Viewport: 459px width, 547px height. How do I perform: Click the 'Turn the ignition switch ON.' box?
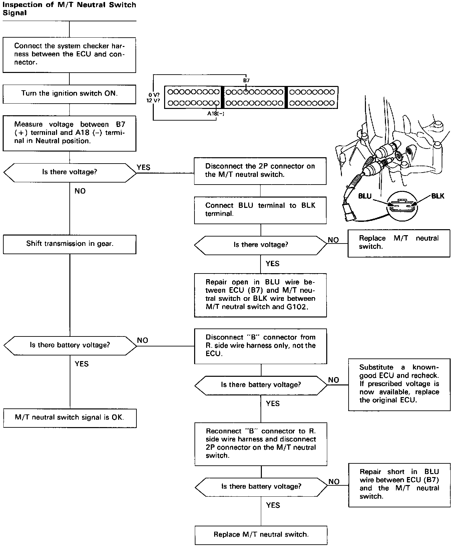tap(69, 94)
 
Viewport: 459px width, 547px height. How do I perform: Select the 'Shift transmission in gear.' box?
tap(69, 244)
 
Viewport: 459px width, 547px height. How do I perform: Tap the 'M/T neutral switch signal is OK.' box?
tap(69, 417)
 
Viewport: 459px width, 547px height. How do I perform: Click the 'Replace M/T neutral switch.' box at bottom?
tap(261, 534)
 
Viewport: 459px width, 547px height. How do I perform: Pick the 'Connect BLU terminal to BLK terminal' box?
tap(260, 210)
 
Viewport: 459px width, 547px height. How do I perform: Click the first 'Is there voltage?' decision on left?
tap(69, 172)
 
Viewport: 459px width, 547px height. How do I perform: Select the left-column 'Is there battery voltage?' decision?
tap(69, 345)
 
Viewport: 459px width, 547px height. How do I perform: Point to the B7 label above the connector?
tap(246, 80)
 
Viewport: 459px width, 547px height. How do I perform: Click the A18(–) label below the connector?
tap(216, 114)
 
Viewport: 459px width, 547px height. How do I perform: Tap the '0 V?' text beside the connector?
tap(154, 95)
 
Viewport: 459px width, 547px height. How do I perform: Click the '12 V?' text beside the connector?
tap(153, 100)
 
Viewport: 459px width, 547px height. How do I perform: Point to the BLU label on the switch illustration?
tap(365, 196)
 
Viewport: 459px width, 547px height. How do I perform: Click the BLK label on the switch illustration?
tap(438, 196)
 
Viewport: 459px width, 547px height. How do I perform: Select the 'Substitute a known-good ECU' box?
tap(399, 384)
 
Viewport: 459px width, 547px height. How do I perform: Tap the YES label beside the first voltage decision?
tap(143, 167)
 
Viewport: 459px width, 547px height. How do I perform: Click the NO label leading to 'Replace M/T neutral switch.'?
tap(333, 240)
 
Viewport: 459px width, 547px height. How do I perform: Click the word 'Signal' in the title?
tap(15, 13)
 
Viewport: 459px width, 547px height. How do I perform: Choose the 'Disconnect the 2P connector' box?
tap(260, 171)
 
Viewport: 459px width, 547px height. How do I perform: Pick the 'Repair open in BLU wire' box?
tap(260, 294)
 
